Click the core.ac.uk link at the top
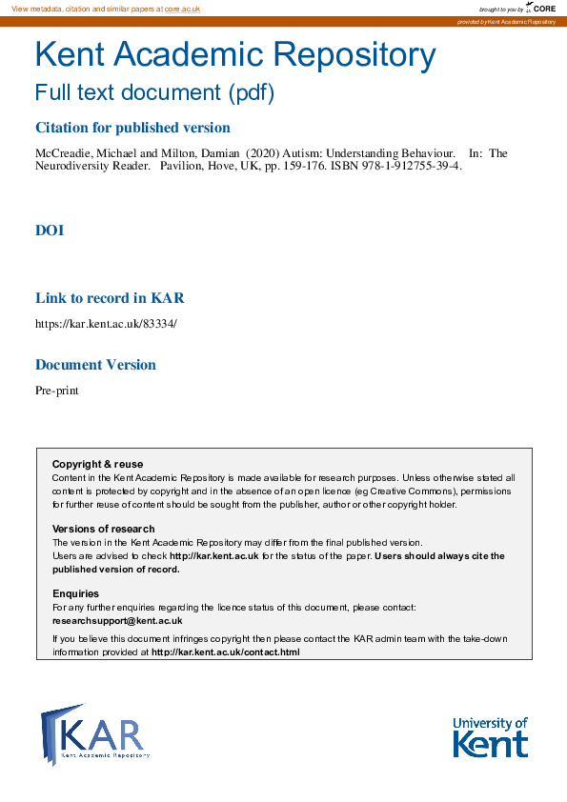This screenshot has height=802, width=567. (x=182, y=9)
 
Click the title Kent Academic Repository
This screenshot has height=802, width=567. (x=234, y=55)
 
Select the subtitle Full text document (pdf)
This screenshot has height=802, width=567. (x=154, y=93)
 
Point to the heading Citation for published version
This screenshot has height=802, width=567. (x=132, y=128)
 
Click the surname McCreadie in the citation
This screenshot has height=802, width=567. (x=63, y=153)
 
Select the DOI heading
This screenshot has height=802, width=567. (x=50, y=231)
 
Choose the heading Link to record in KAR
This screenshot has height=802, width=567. (x=110, y=298)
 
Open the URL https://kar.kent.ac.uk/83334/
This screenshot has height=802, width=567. (x=106, y=323)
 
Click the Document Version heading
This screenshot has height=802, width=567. (x=95, y=365)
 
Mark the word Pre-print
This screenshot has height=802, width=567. (x=57, y=390)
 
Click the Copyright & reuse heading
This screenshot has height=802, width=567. (x=97, y=464)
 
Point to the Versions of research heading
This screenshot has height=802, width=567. (x=103, y=529)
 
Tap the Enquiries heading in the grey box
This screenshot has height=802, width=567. (x=75, y=593)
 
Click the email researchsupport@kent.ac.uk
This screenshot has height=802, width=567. (x=117, y=620)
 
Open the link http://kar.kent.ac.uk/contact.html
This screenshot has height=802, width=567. (x=226, y=652)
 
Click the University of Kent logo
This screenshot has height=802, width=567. (x=490, y=737)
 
